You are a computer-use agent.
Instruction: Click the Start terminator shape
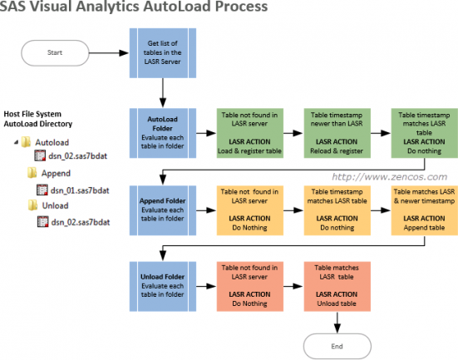(56, 52)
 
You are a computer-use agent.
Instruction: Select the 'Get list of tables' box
(162, 51)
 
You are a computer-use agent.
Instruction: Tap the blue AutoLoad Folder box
(162, 134)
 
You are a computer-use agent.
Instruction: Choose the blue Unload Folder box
(162, 287)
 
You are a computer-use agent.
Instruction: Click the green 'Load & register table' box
(247, 134)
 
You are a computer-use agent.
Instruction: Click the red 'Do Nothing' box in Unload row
(247, 287)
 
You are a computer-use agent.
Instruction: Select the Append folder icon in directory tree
(32, 174)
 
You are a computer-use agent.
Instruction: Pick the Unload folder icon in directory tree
(32, 205)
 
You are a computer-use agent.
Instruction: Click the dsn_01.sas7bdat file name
(80, 190)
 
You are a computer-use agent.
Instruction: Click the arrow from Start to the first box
(108, 52)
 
